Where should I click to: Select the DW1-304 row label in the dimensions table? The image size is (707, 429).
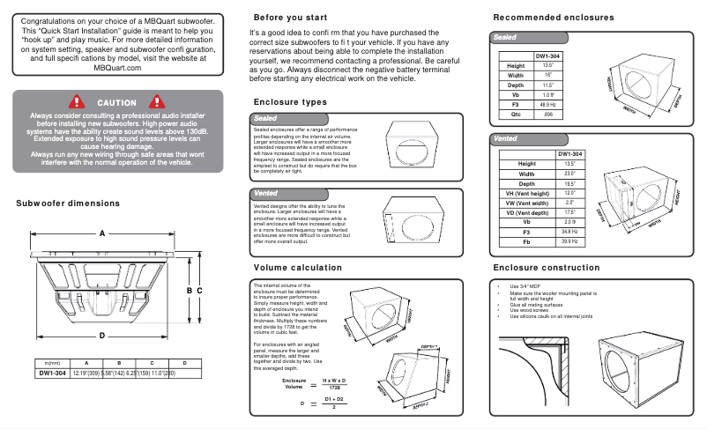coord(51,374)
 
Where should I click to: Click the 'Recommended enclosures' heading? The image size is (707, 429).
coord(554,18)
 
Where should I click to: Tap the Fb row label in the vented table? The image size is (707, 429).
coord(527,240)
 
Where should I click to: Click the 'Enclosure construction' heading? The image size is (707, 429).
coord(547,267)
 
